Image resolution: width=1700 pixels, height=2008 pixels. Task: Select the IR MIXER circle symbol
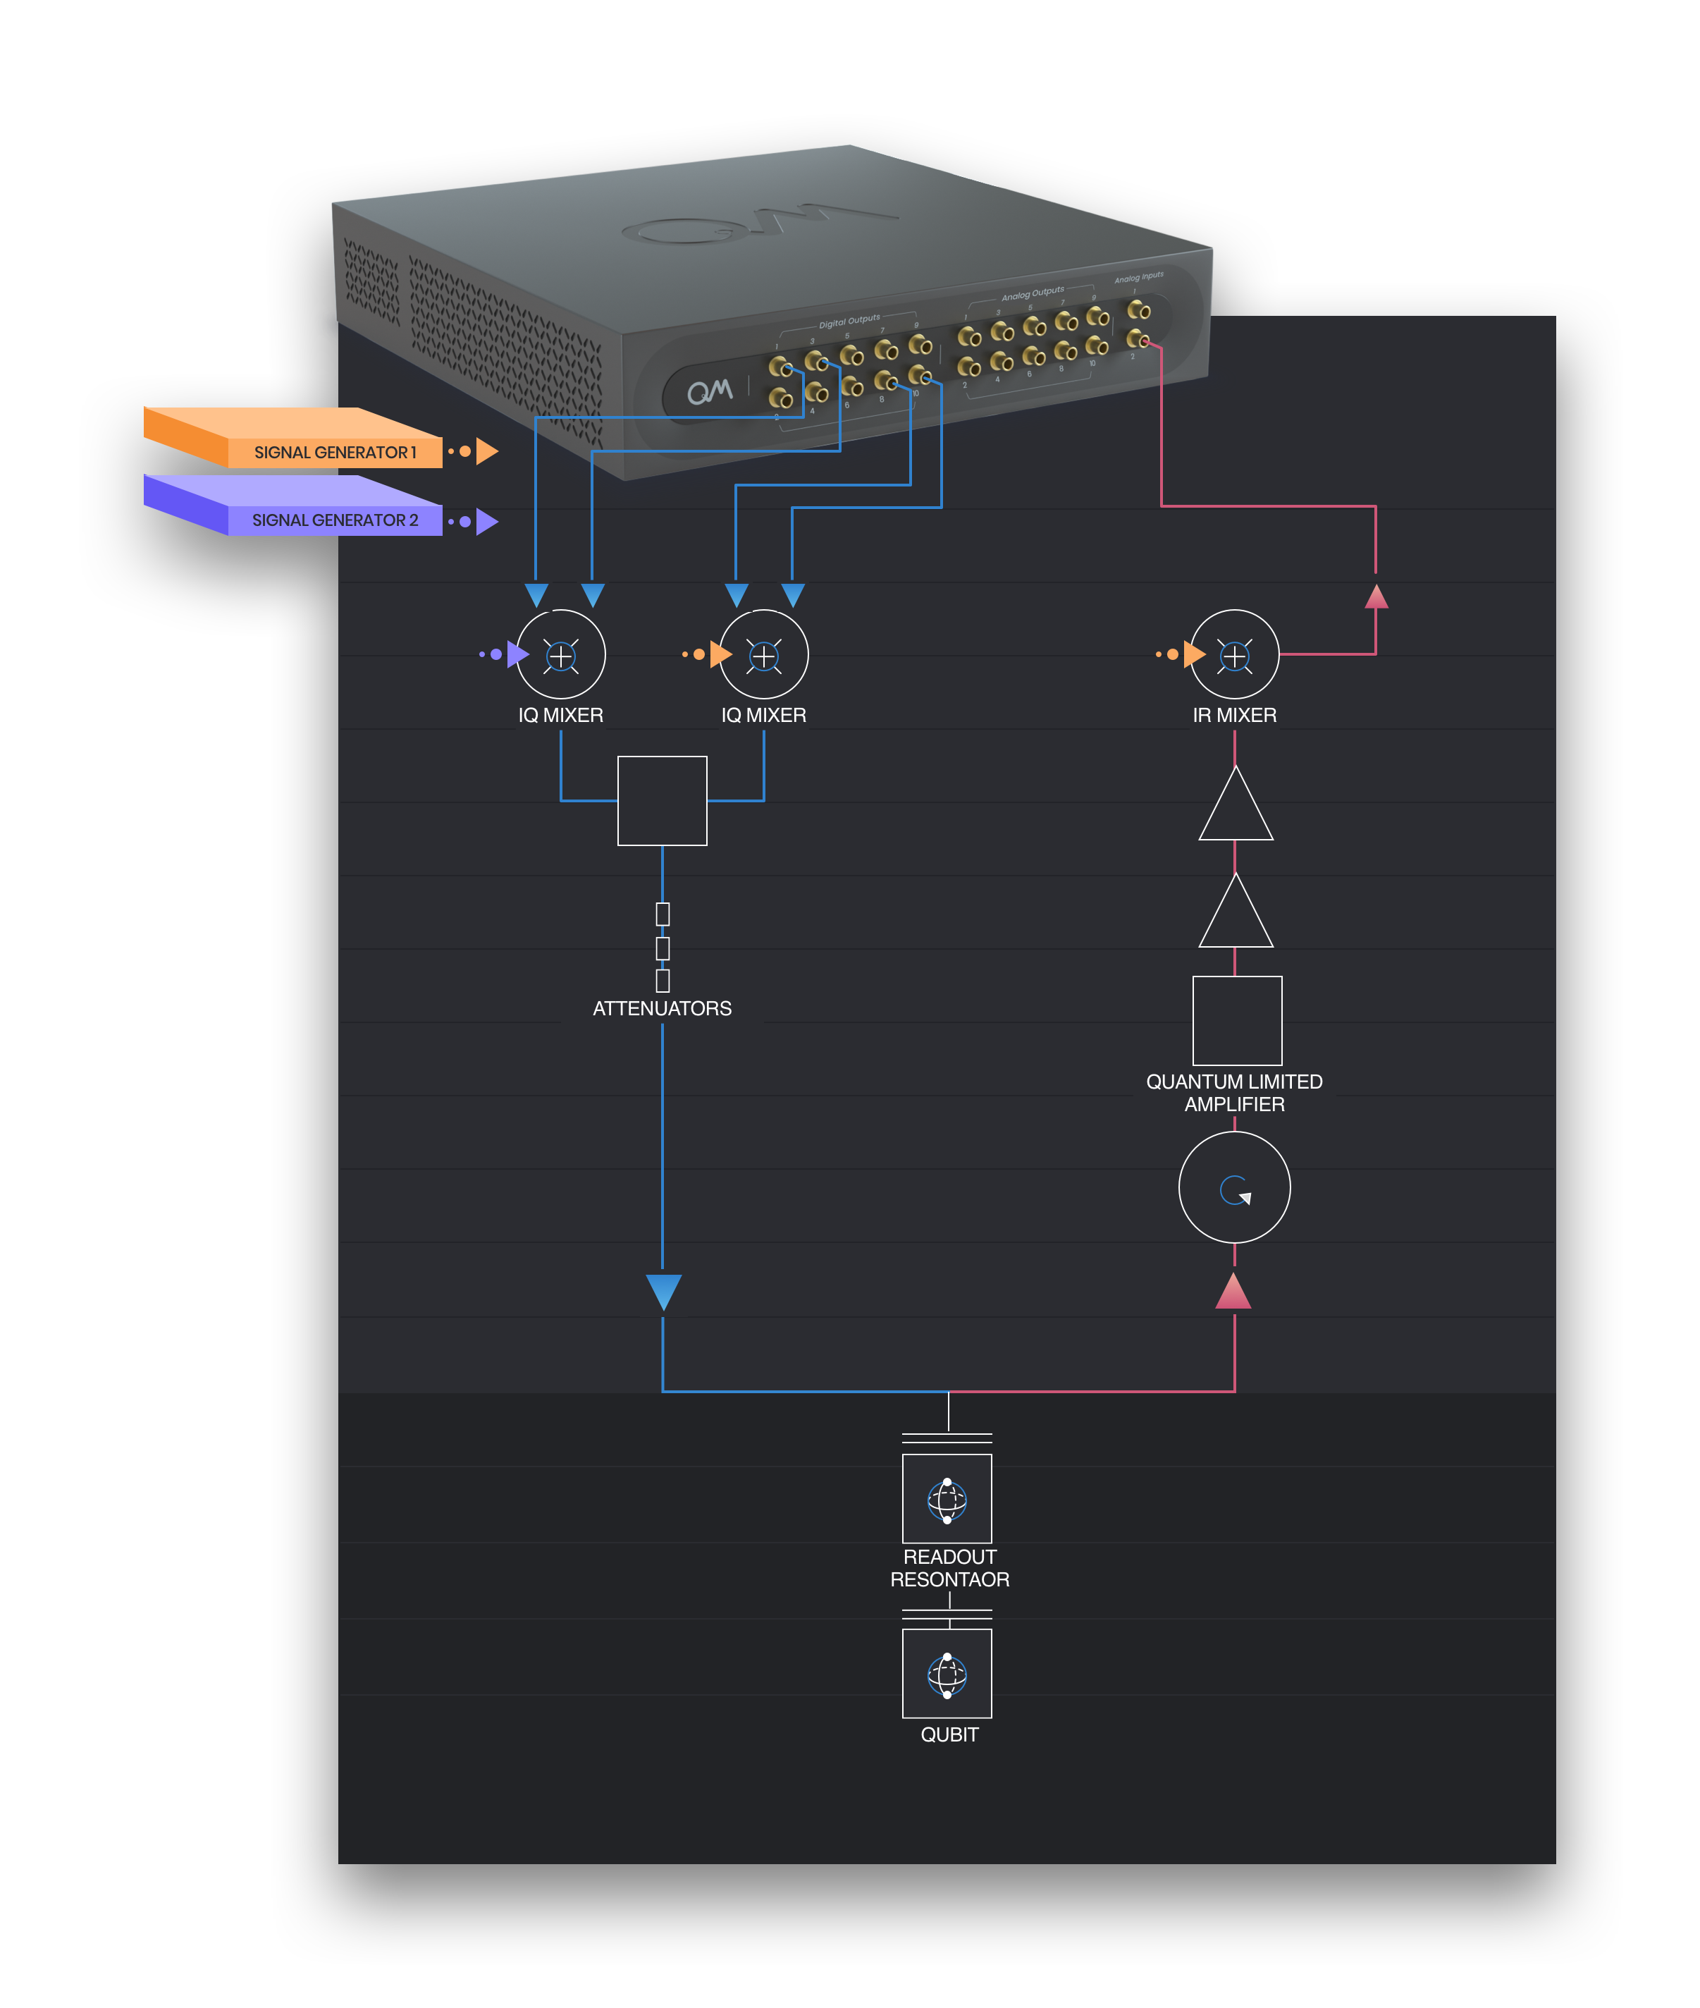[x=1235, y=654]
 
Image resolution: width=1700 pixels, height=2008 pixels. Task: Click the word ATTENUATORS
[x=662, y=1008]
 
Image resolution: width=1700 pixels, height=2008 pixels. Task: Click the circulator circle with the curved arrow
[x=1235, y=1187]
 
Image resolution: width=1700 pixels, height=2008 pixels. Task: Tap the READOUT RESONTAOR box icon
[x=947, y=1499]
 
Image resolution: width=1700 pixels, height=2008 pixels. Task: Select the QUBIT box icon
[x=947, y=1674]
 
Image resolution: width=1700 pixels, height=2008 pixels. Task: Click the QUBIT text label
[x=949, y=1734]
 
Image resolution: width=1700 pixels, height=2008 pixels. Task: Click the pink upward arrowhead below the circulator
[x=1233, y=1292]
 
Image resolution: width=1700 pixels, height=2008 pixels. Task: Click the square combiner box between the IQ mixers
[x=662, y=801]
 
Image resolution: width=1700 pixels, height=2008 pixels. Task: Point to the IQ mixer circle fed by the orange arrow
[x=763, y=654]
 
